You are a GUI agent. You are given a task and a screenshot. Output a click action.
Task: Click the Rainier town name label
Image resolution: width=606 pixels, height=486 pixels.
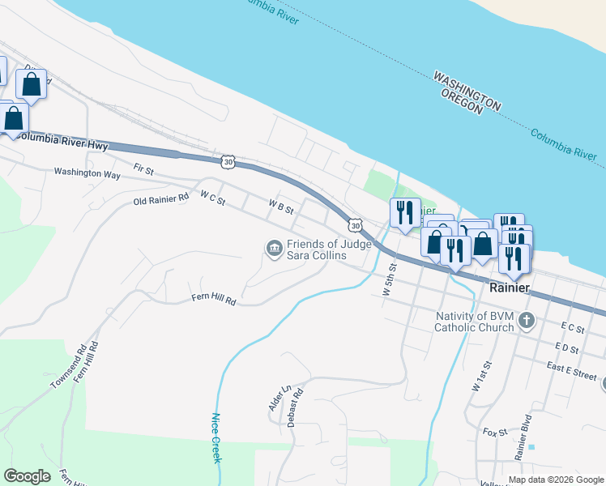(x=510, y=288)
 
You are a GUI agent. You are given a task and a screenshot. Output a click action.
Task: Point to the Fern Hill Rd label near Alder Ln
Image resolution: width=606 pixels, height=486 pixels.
(x=213, y=299)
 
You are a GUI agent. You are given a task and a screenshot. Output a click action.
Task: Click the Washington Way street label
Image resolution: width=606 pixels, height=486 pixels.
(x=87, y=173)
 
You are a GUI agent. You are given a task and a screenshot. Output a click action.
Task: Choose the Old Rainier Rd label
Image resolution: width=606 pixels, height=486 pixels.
(x=160, y=197)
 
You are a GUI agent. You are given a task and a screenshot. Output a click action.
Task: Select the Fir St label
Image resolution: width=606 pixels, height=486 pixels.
(x=143, y=169)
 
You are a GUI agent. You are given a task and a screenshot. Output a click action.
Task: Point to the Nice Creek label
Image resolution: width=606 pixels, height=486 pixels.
(x=216, y=438)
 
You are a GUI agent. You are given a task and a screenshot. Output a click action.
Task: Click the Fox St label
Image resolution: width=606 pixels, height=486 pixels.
(x=494, y=433)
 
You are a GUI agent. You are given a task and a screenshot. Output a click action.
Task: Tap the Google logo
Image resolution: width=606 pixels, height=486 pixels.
(x=27, y=476)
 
